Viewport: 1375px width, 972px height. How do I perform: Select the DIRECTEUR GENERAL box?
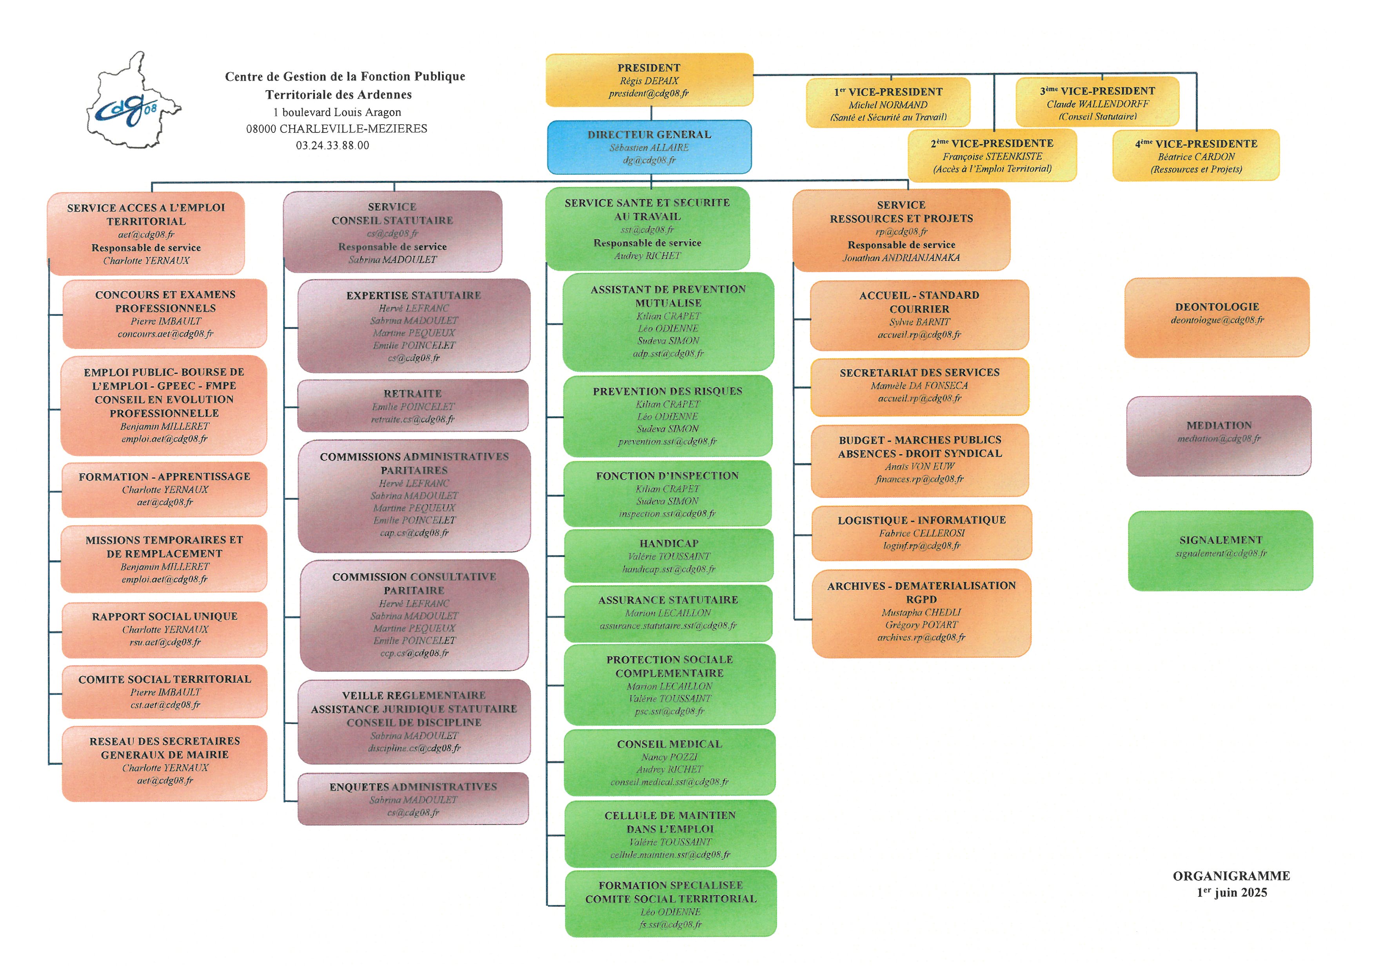649,147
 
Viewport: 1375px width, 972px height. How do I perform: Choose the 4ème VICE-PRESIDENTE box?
1196,155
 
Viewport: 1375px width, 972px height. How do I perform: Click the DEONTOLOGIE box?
1217,317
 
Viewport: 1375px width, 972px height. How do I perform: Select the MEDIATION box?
1219,436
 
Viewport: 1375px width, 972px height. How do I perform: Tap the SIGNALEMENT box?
1221,550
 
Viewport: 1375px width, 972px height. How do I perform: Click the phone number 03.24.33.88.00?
332,145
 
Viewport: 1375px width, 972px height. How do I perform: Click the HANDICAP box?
668,555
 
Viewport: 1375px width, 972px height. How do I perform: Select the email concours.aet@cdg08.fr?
165,334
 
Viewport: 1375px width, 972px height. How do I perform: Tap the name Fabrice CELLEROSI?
922,533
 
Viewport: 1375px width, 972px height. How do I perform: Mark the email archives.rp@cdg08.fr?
921,637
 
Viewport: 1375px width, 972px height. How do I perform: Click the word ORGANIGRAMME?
1231,876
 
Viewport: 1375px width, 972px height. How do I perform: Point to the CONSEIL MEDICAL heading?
670,744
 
